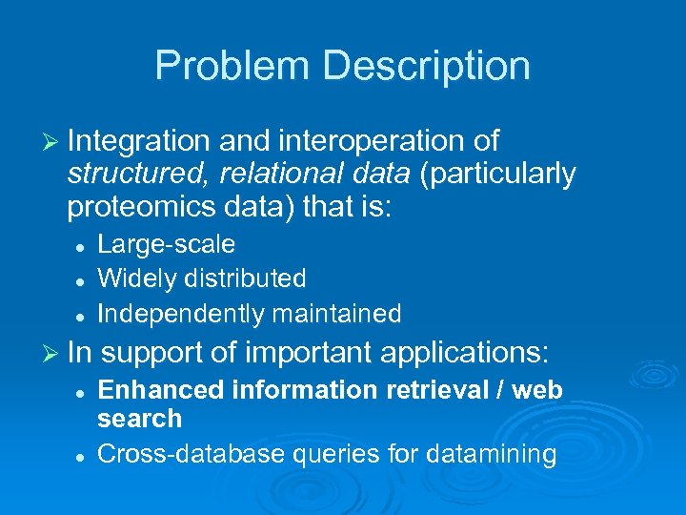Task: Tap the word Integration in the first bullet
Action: [139, 142]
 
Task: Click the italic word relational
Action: [241, 175]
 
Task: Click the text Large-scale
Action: [167, 245]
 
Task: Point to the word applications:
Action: [465, 354]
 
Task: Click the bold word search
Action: [139, 419]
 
